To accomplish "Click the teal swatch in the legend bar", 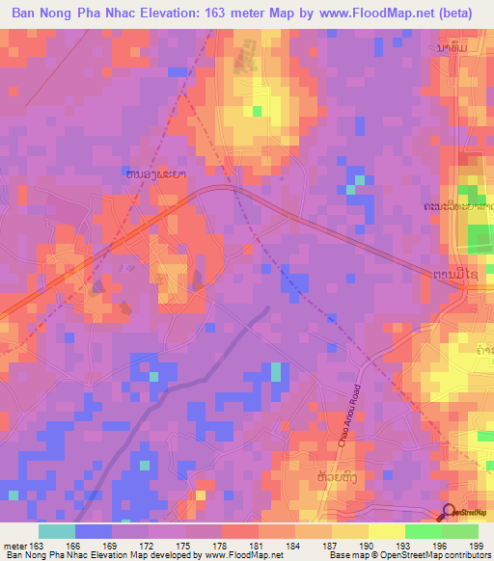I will [x=57, y=531].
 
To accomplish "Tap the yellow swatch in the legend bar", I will [x=386, y=531].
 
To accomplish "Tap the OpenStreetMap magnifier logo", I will [x=448, y=511].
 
